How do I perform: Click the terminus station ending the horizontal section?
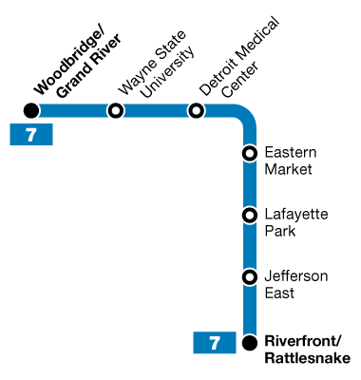click(x=31, y=110)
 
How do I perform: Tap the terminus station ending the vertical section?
click(x=250, y=343)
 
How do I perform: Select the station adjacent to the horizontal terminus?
click(x=116, y=110)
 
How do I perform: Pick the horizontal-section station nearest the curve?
click(x=197, y=110)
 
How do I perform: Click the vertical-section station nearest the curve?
click(x=250, y=153)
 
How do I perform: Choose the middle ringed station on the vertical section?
click(x=250, y=216)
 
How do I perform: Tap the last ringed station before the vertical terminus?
click(x=250, y=277)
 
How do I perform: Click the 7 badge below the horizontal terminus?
click(x=31, y=135)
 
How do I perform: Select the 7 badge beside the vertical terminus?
click(x=215, y=343)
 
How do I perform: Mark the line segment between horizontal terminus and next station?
click(x=73, y=110)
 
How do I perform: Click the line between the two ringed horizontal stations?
click(x=157, y=110)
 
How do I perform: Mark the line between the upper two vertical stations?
click(x=250, y=184)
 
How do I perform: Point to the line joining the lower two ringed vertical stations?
click(x=250, y=246)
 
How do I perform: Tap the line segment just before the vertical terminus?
click(x=250, y=311)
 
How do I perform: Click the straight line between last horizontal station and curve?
click(x=218, y=110)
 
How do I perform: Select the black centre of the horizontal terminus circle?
click(x=31, y=110)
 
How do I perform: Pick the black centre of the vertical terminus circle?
click(x=250, y=343)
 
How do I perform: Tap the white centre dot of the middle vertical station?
click(x=250, y=216)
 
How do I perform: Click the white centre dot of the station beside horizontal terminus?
click(x=116, y=110)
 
